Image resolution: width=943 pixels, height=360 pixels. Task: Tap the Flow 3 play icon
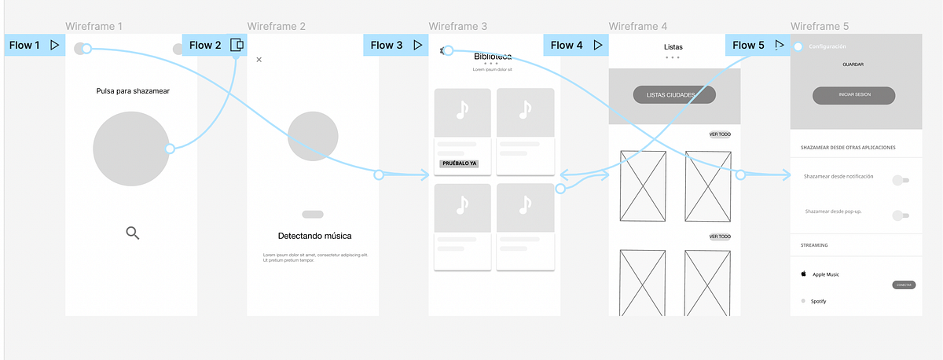pos(417,45)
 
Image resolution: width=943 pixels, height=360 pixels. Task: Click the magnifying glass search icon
pos(133,232)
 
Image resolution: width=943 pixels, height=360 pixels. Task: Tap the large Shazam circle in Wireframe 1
pos(130,149)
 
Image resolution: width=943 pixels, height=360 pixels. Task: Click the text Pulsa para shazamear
pos(132,91)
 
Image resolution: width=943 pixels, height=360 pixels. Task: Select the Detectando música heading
pos(314,236)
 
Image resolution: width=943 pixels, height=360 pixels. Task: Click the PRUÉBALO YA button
pos(459,163)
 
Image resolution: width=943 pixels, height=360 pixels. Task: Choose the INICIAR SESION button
pos(853,95)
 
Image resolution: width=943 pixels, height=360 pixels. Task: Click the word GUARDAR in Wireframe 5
pos(853,64)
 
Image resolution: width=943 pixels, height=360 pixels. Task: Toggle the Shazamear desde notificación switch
pos(901,180)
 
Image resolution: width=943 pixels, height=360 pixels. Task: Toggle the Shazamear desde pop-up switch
pos(901,215)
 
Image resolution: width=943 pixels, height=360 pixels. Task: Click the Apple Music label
pos(826,274)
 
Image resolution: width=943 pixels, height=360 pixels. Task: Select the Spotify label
pos(818,301)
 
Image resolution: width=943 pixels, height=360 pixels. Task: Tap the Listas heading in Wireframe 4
pos(673,47)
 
